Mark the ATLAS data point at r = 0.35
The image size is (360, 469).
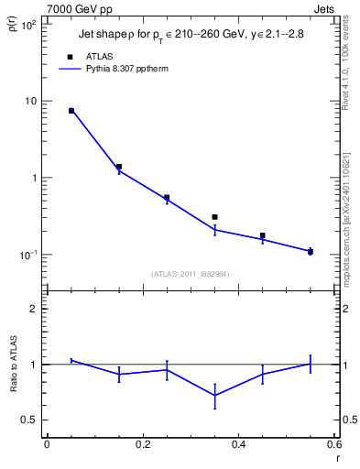tap(214, 217)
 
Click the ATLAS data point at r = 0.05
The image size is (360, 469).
tap(71, 111)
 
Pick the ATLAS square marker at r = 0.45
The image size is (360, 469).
tap(262, 235)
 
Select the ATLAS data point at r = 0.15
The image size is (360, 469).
tap(119, 167)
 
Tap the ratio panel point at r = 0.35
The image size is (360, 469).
tap(214, 396)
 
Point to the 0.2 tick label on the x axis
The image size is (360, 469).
tap(142, 444)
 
